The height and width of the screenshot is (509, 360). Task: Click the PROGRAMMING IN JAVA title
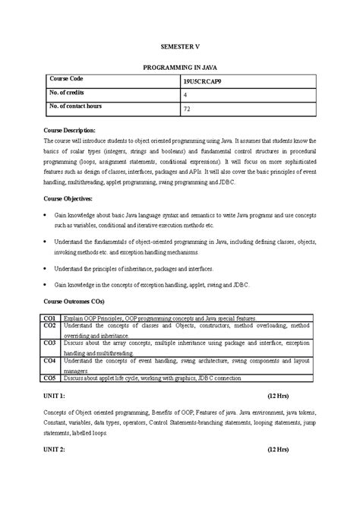click(x=180, y=68)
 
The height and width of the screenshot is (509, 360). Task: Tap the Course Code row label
click(x=70, y=80)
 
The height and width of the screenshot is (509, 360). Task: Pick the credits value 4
click(x=185, y=96)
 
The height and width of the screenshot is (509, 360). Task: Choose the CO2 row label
click(x=49, y=325)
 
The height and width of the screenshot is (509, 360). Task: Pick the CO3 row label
click(x=49, y=343)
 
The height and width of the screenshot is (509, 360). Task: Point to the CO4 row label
click(x=49, y=361)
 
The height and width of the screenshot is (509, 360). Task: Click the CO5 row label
click(x=49, y=378)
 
